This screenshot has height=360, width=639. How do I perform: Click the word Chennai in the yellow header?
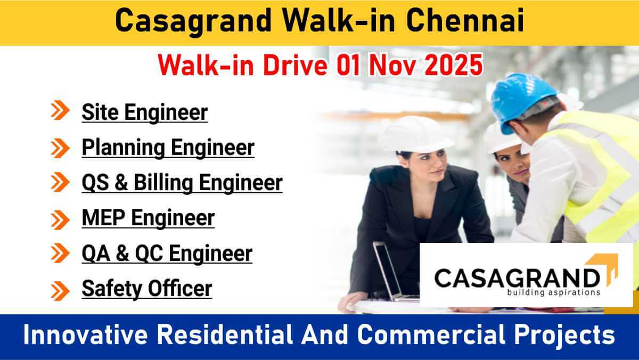coord(465,21)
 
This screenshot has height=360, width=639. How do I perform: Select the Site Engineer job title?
coord(145,112)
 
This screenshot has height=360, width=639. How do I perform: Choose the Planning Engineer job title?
coord(168,148)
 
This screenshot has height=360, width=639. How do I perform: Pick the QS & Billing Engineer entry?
coord(182,183)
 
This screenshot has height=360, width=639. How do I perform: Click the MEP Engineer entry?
coord(148,218)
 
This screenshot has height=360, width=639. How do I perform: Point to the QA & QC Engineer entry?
coord(167,253)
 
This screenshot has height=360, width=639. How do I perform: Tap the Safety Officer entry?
coord(147,289)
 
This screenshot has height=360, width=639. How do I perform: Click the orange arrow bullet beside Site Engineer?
coord(60,110)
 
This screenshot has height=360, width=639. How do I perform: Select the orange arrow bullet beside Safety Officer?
coord(60,291)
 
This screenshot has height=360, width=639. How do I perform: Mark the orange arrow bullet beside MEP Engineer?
coord(60,219)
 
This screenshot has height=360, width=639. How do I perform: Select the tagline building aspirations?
coord(554,292)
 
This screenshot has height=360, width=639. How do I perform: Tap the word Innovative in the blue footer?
coord(85,335)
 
